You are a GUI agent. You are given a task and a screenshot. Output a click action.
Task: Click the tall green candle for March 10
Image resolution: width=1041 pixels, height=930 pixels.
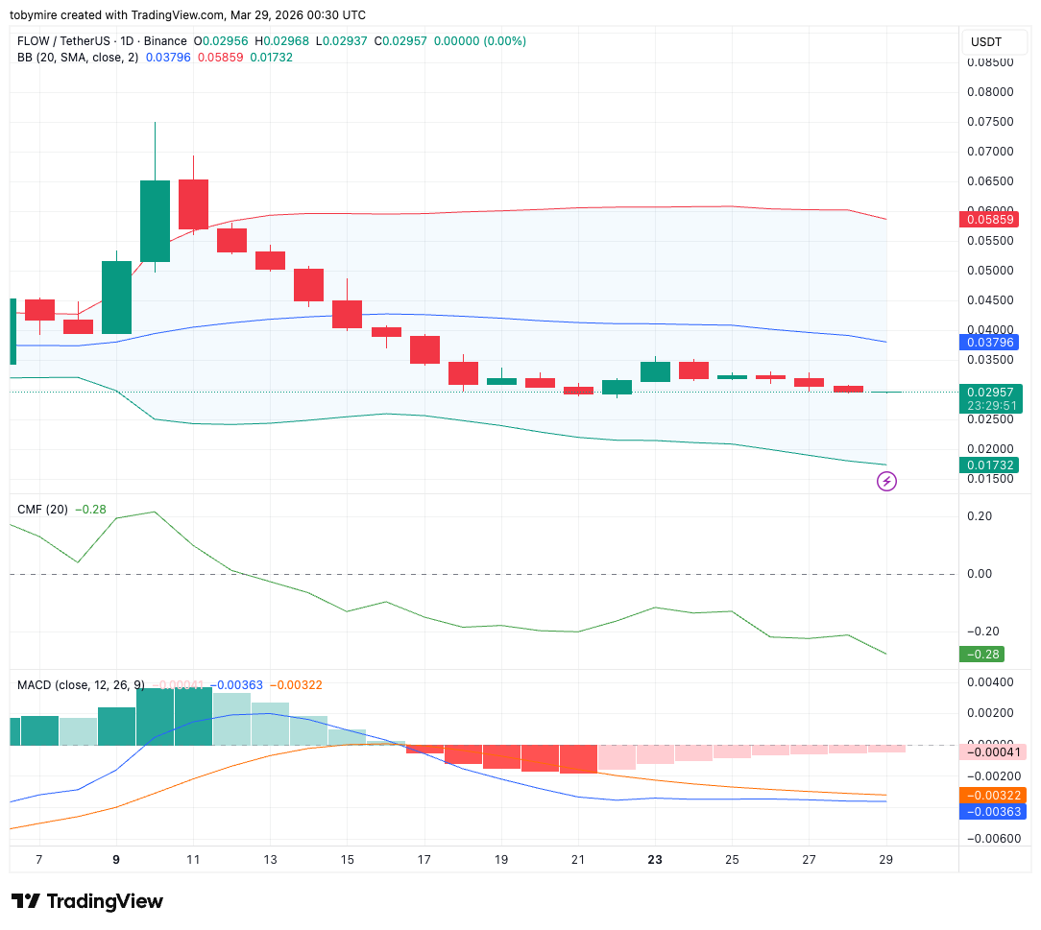(155, 221)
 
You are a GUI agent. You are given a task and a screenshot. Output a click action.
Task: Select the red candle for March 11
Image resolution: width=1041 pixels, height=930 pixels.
(193, 204)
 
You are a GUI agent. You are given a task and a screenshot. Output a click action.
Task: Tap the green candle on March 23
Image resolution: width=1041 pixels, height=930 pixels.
(655, 371)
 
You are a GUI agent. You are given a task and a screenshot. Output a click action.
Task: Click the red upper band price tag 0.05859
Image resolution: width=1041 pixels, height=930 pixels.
(992, 220)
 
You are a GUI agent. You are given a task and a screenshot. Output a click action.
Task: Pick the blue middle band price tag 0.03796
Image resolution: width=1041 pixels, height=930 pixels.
(992, 343)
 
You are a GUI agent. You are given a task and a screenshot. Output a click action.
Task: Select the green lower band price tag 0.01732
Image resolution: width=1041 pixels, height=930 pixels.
(992, 465)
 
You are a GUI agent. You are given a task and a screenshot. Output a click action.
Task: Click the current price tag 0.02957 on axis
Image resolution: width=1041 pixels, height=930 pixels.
(992, 393)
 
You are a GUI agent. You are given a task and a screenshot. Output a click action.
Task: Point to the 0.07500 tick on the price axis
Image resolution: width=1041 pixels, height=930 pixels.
(990, 122)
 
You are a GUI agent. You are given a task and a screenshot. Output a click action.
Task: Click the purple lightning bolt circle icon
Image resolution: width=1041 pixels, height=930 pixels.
(887, 481)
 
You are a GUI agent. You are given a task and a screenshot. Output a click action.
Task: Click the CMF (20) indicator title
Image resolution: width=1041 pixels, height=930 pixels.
(42, 510)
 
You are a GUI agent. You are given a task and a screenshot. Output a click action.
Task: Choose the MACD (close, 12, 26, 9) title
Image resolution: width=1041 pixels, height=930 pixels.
(81, 685)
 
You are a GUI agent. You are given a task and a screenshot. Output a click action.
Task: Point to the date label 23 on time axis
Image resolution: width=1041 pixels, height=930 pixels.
(655, 860)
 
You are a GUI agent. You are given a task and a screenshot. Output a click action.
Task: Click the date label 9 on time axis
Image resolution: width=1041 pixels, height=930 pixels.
(116, 860)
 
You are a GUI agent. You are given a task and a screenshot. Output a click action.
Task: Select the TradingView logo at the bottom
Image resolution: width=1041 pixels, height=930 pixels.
(87, 902)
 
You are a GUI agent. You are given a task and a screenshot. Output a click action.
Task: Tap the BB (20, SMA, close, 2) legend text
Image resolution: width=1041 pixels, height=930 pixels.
(78, 58)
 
